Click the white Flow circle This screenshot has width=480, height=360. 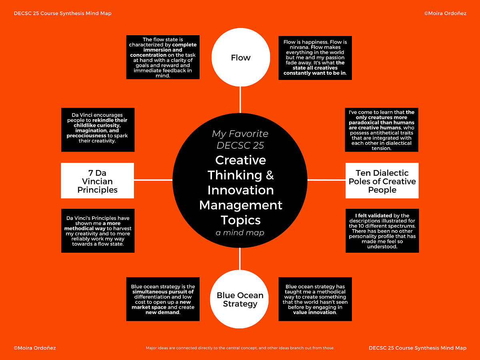click(240, 57)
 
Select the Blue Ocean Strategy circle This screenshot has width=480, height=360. click(239, 299)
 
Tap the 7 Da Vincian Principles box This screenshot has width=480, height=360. click(97, 180)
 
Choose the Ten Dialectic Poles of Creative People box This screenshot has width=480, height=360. click(382, 180)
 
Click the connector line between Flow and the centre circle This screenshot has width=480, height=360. click(240, 100)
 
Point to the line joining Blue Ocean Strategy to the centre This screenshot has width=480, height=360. click(240, 259)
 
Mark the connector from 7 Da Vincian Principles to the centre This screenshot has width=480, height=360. click(153, 180)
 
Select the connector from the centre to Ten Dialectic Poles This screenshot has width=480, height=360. click(326, 180)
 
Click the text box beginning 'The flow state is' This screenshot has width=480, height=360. click(163, 57)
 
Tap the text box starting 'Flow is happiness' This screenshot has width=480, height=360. click(315, 58)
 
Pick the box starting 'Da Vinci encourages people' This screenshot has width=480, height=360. click(98, 130)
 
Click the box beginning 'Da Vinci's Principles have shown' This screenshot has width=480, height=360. click(98, 231)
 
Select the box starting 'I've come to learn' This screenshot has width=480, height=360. click(382, 130)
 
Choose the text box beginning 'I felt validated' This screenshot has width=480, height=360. click(382, 231)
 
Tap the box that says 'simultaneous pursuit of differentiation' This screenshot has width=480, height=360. click(163, 299)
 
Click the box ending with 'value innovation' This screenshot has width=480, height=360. click(315, 299)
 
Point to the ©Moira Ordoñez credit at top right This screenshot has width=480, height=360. click(445, 13)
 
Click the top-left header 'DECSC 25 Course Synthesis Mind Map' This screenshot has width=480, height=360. click(62, 13)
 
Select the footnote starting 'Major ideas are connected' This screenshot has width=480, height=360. click(240, 348)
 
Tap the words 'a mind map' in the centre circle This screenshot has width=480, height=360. click(240, 232)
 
